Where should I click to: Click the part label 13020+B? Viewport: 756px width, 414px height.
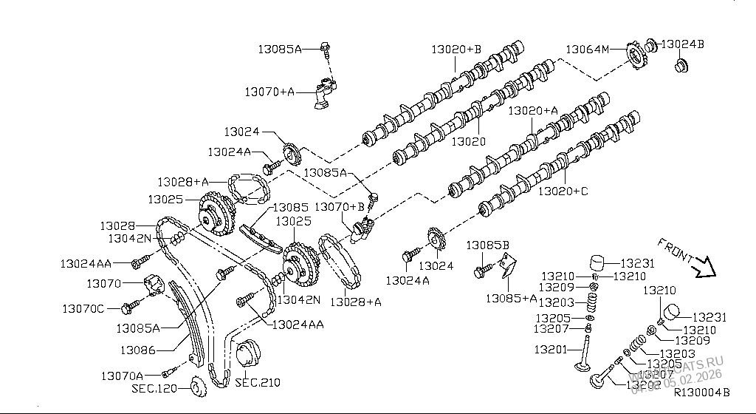pyautogui.click(x=456, y=50)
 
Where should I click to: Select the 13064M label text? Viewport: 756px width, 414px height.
pyautogui.click(x=588, y=50)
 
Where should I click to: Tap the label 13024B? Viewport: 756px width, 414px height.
pyautogui.click(x=682, y=44)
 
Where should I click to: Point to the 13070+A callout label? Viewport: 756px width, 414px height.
pyautogui.click(x=269, y=92)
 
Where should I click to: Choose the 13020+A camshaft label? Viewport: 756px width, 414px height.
pyautogui.click(x=533, y=110)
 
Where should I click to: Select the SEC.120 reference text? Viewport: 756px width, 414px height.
pyautogui.click(x=154, y=388)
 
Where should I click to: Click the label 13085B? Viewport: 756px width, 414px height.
pyautogui.click(x=487, y=245)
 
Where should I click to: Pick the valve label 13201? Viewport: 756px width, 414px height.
pyautogui.click(x=551, y=348)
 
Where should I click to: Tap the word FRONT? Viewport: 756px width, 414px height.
pyautogui.click(x=673, y=251)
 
